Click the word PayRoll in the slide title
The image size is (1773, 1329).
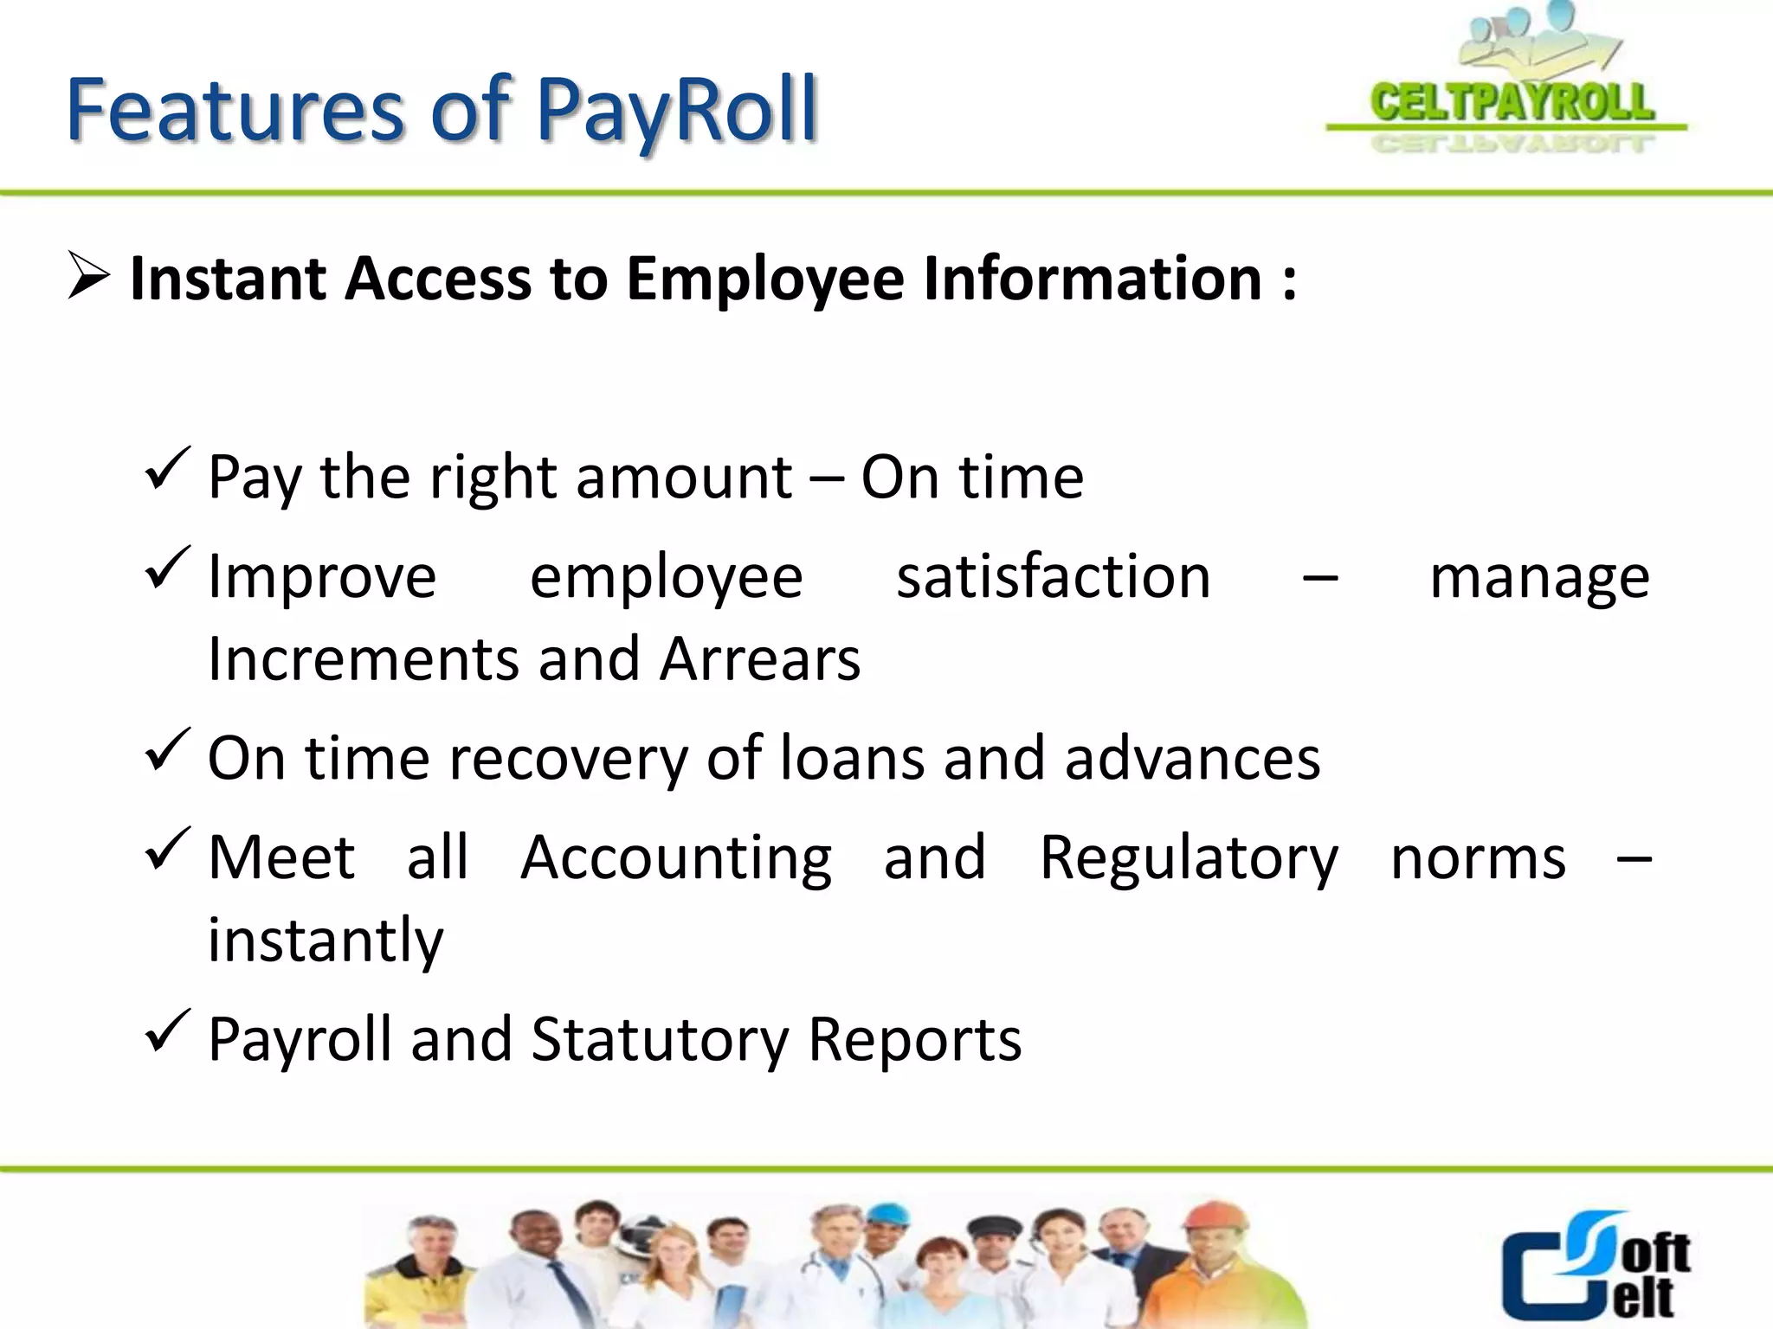pyautogui.click(x=676, y=112)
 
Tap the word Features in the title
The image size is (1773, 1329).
pyautogui.click(x=234, y=110)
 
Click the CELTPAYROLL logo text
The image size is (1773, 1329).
pyautogui.click(x=1512, y=103)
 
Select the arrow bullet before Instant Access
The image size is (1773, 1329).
pyautogui.click(x=88, y=277)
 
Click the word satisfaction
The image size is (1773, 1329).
pyautogui.click(x=1053, y=577)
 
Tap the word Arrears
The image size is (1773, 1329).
pyautogui.click(x=760, y=659)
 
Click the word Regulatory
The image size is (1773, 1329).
pyautogui.click(x=1189, y=858)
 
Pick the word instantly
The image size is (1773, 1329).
pyautogui.click(x=326, y=941)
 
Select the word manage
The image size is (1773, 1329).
pyautogui.click(x=1539, y=577)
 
